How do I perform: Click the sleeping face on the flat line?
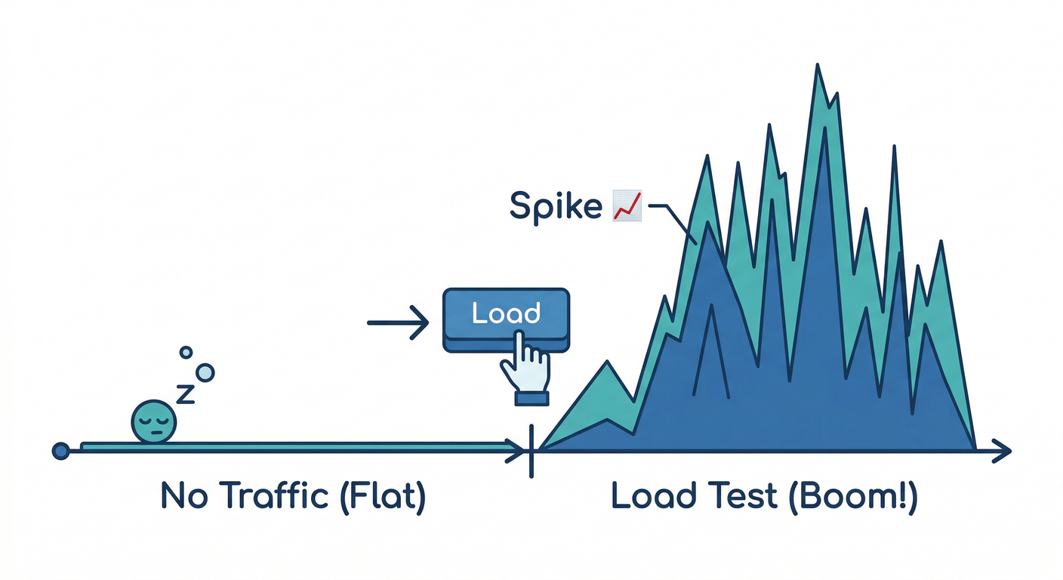click(155, 421)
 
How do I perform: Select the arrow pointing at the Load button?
click(398, 323)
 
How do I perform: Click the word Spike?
click(556, 205)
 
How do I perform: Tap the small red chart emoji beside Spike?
click(627, 205)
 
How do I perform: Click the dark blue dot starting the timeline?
click(60, 451)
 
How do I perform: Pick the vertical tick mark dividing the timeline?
click(532, 451)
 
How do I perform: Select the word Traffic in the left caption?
click(271, 496)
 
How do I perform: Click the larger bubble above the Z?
click(205, 372)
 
